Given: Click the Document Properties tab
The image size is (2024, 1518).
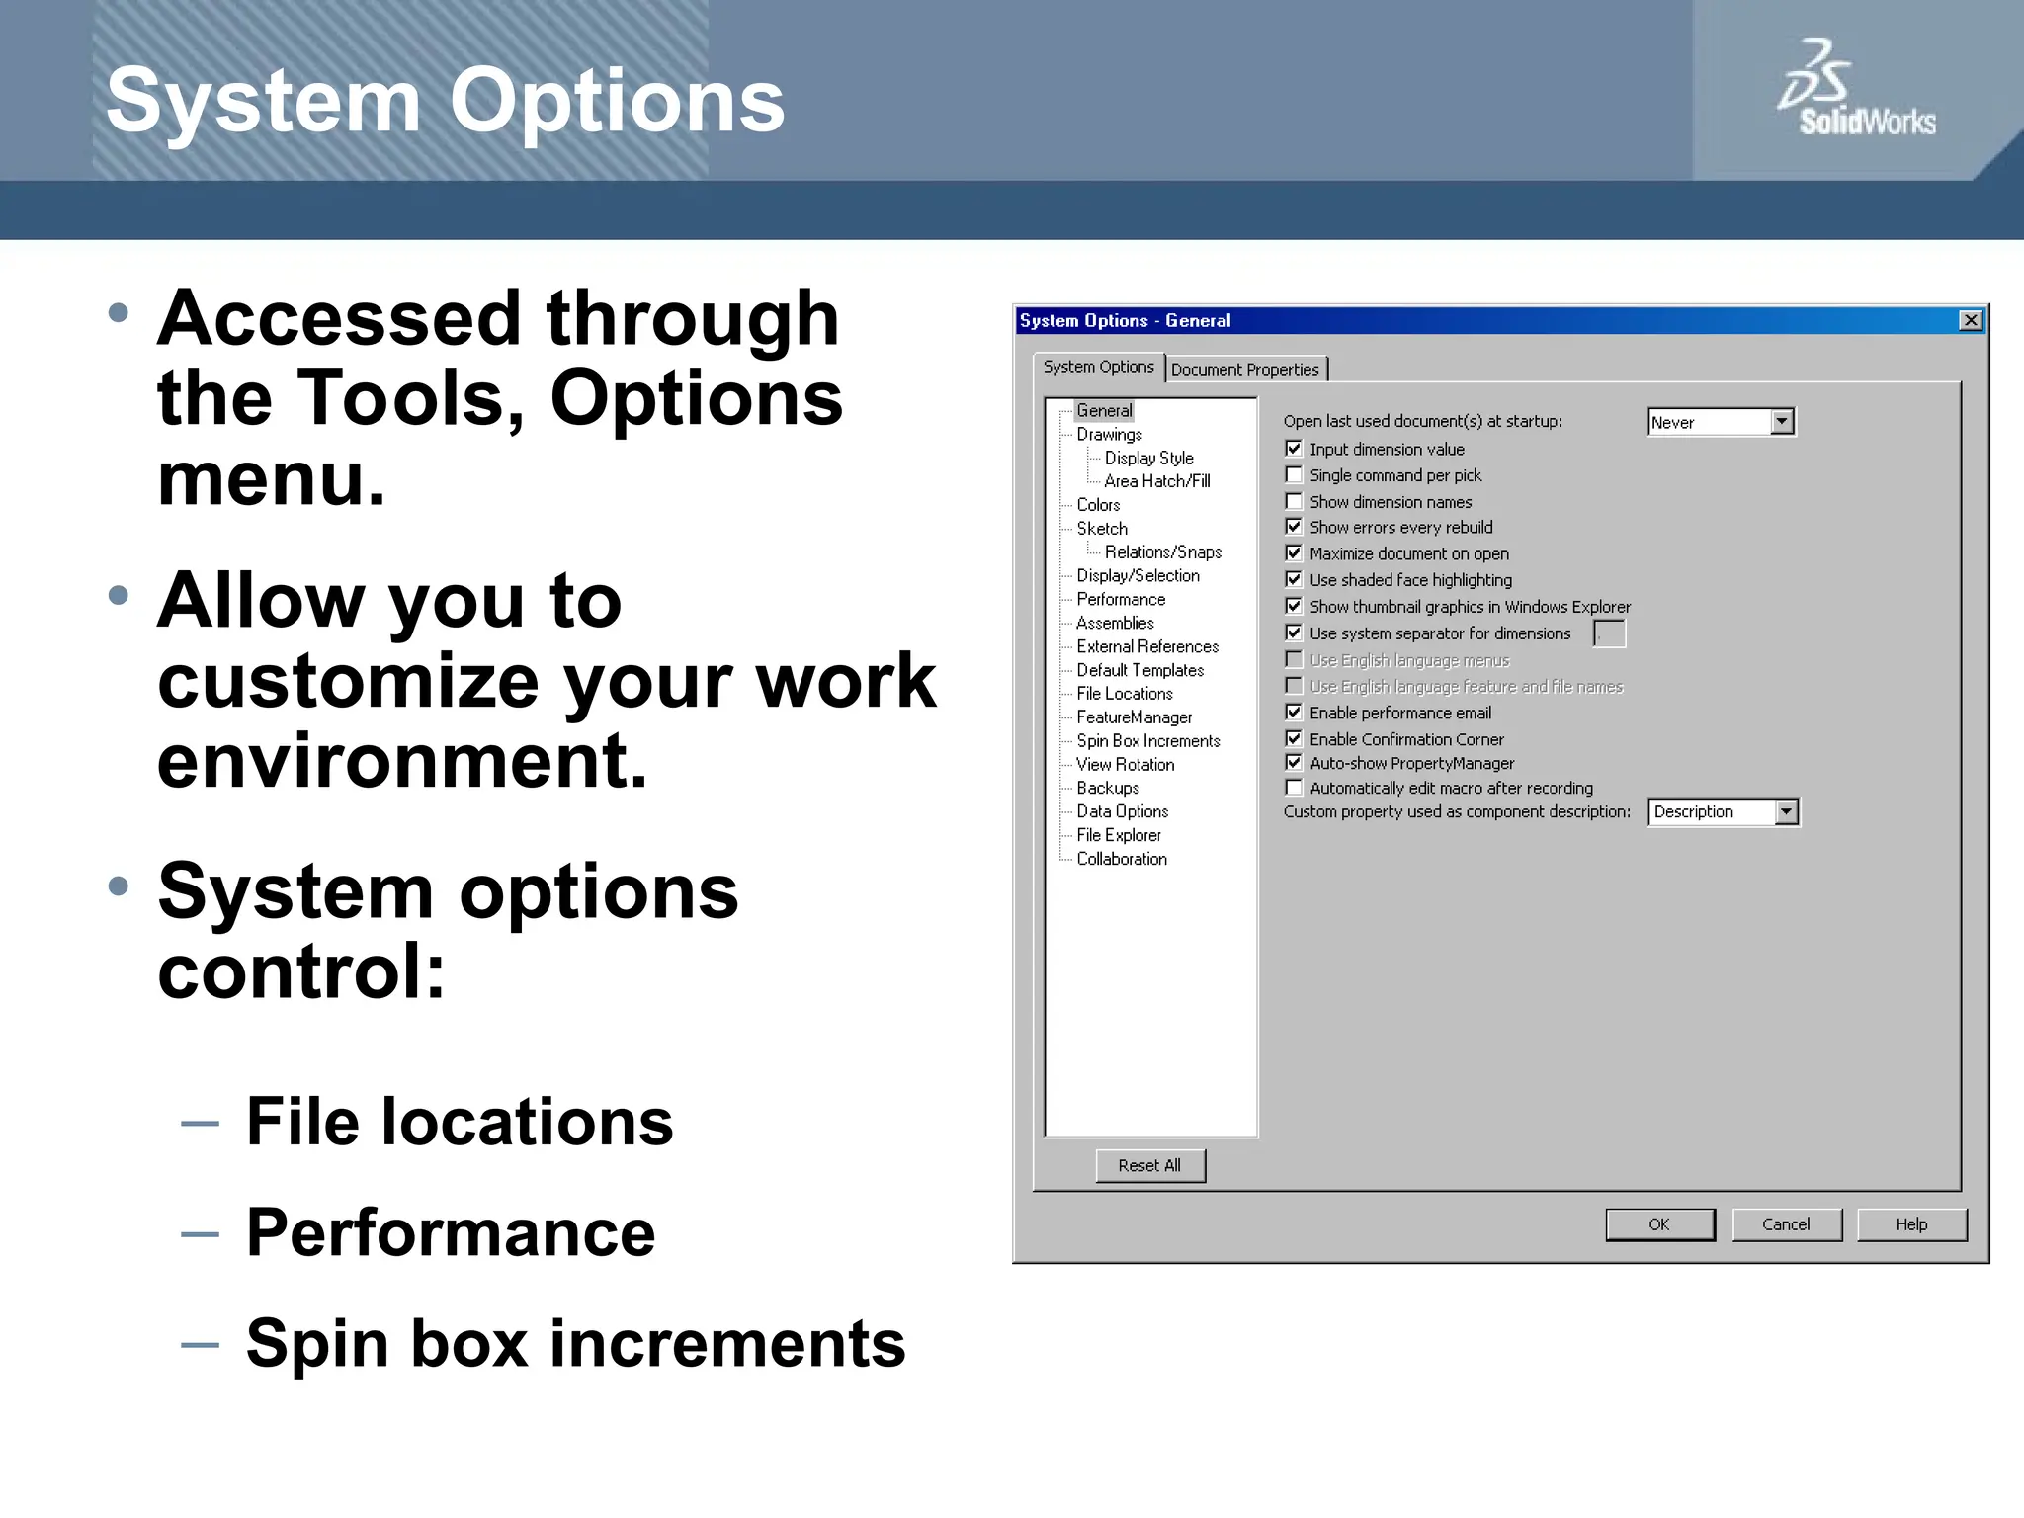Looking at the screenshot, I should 1244,370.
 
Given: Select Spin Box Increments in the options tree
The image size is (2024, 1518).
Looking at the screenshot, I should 1147,741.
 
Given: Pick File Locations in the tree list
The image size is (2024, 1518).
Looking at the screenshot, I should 1124,694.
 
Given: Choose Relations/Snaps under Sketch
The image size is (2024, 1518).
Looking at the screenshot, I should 1162,552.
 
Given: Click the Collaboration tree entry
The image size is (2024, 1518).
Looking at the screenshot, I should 1121,859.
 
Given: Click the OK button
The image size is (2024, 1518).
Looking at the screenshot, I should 1659,1224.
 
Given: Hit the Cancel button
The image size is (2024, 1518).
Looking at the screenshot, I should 1786,1224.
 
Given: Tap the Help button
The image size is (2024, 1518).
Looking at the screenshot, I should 1911,1224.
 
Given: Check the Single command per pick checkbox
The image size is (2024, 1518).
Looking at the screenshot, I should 1294,475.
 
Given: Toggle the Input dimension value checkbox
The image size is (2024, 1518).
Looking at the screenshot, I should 1294,449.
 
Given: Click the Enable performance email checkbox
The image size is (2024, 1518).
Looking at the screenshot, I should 1294,713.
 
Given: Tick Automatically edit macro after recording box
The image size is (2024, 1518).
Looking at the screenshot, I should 1294,788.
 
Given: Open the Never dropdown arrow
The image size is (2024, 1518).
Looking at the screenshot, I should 1781,422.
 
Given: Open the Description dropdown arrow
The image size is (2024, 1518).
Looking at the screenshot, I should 1785,812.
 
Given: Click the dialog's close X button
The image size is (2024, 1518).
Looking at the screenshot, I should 1970,320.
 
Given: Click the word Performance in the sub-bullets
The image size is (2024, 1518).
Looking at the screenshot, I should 451,1232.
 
